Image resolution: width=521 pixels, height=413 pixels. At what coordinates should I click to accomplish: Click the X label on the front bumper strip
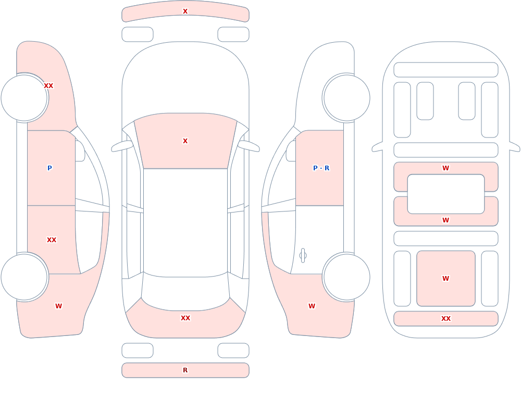coord(185,11)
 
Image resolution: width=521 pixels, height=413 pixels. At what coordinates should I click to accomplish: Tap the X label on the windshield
coord(185,141)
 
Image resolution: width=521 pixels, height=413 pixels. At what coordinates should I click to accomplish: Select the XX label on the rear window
coord(185,318)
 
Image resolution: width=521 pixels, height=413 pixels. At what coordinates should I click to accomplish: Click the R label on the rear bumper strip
coord(185,370)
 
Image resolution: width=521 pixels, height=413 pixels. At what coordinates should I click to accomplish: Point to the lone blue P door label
coord(49,168)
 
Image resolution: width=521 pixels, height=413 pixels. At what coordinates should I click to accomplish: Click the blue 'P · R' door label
coord(321,168)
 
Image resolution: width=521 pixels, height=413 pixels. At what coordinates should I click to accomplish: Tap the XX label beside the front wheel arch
coord(48,86)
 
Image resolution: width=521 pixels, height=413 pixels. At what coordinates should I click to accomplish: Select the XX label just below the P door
coord(52,240)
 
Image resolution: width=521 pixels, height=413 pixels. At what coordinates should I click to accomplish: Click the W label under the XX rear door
coord(58,306)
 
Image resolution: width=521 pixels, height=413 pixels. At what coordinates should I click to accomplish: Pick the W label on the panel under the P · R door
coord(312,306)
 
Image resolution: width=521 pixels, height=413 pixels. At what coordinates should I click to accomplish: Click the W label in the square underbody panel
coord(445,279)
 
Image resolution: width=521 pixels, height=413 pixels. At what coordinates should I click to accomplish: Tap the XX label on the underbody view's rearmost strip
coord(446,318)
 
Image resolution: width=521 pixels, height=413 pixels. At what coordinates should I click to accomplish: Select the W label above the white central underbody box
coord(445,168)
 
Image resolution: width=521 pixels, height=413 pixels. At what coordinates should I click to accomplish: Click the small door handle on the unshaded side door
coord(303,256)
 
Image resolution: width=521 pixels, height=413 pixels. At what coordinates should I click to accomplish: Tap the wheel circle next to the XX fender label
coord(24,98)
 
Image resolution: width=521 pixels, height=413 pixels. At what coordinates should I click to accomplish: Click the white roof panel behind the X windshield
coord(185,222)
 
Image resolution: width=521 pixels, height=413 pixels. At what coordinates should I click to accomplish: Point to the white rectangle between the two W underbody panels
coord(446,194)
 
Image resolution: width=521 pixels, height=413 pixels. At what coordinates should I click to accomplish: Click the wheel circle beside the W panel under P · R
coord(346,277)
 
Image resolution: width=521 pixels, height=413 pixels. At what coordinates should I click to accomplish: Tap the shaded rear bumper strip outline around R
coord(185,363)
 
